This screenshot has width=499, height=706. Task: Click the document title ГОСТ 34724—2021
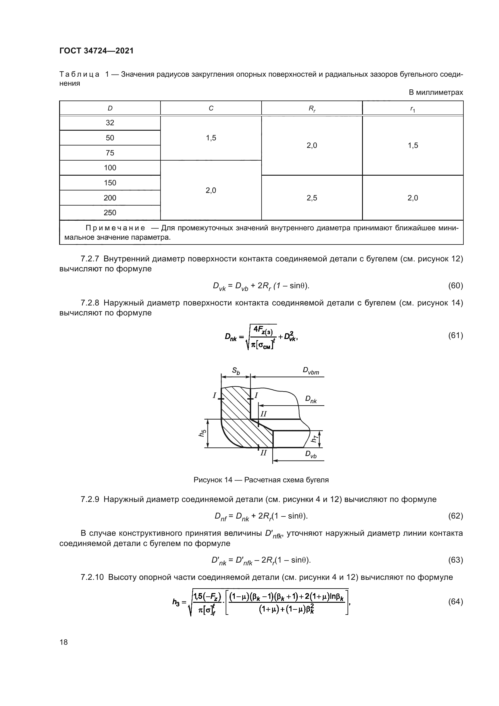(97, 51)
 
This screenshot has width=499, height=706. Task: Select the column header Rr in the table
(312, 109)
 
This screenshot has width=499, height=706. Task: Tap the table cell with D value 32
(110, 123)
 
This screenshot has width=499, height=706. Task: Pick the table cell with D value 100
(110, 168)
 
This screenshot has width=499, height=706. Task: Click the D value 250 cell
(110, 213)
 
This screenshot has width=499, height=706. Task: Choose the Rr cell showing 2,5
(312, 198)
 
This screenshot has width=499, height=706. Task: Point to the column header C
(211, 108)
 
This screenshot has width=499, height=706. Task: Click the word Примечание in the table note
(115, 228)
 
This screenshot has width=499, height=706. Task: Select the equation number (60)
(455, 286)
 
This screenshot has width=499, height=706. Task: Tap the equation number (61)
(455, 335)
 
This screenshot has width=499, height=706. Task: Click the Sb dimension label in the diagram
(236, 371)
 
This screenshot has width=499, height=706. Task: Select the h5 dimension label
(202, 433)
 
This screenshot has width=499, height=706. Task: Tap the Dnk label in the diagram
(311, 399)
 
